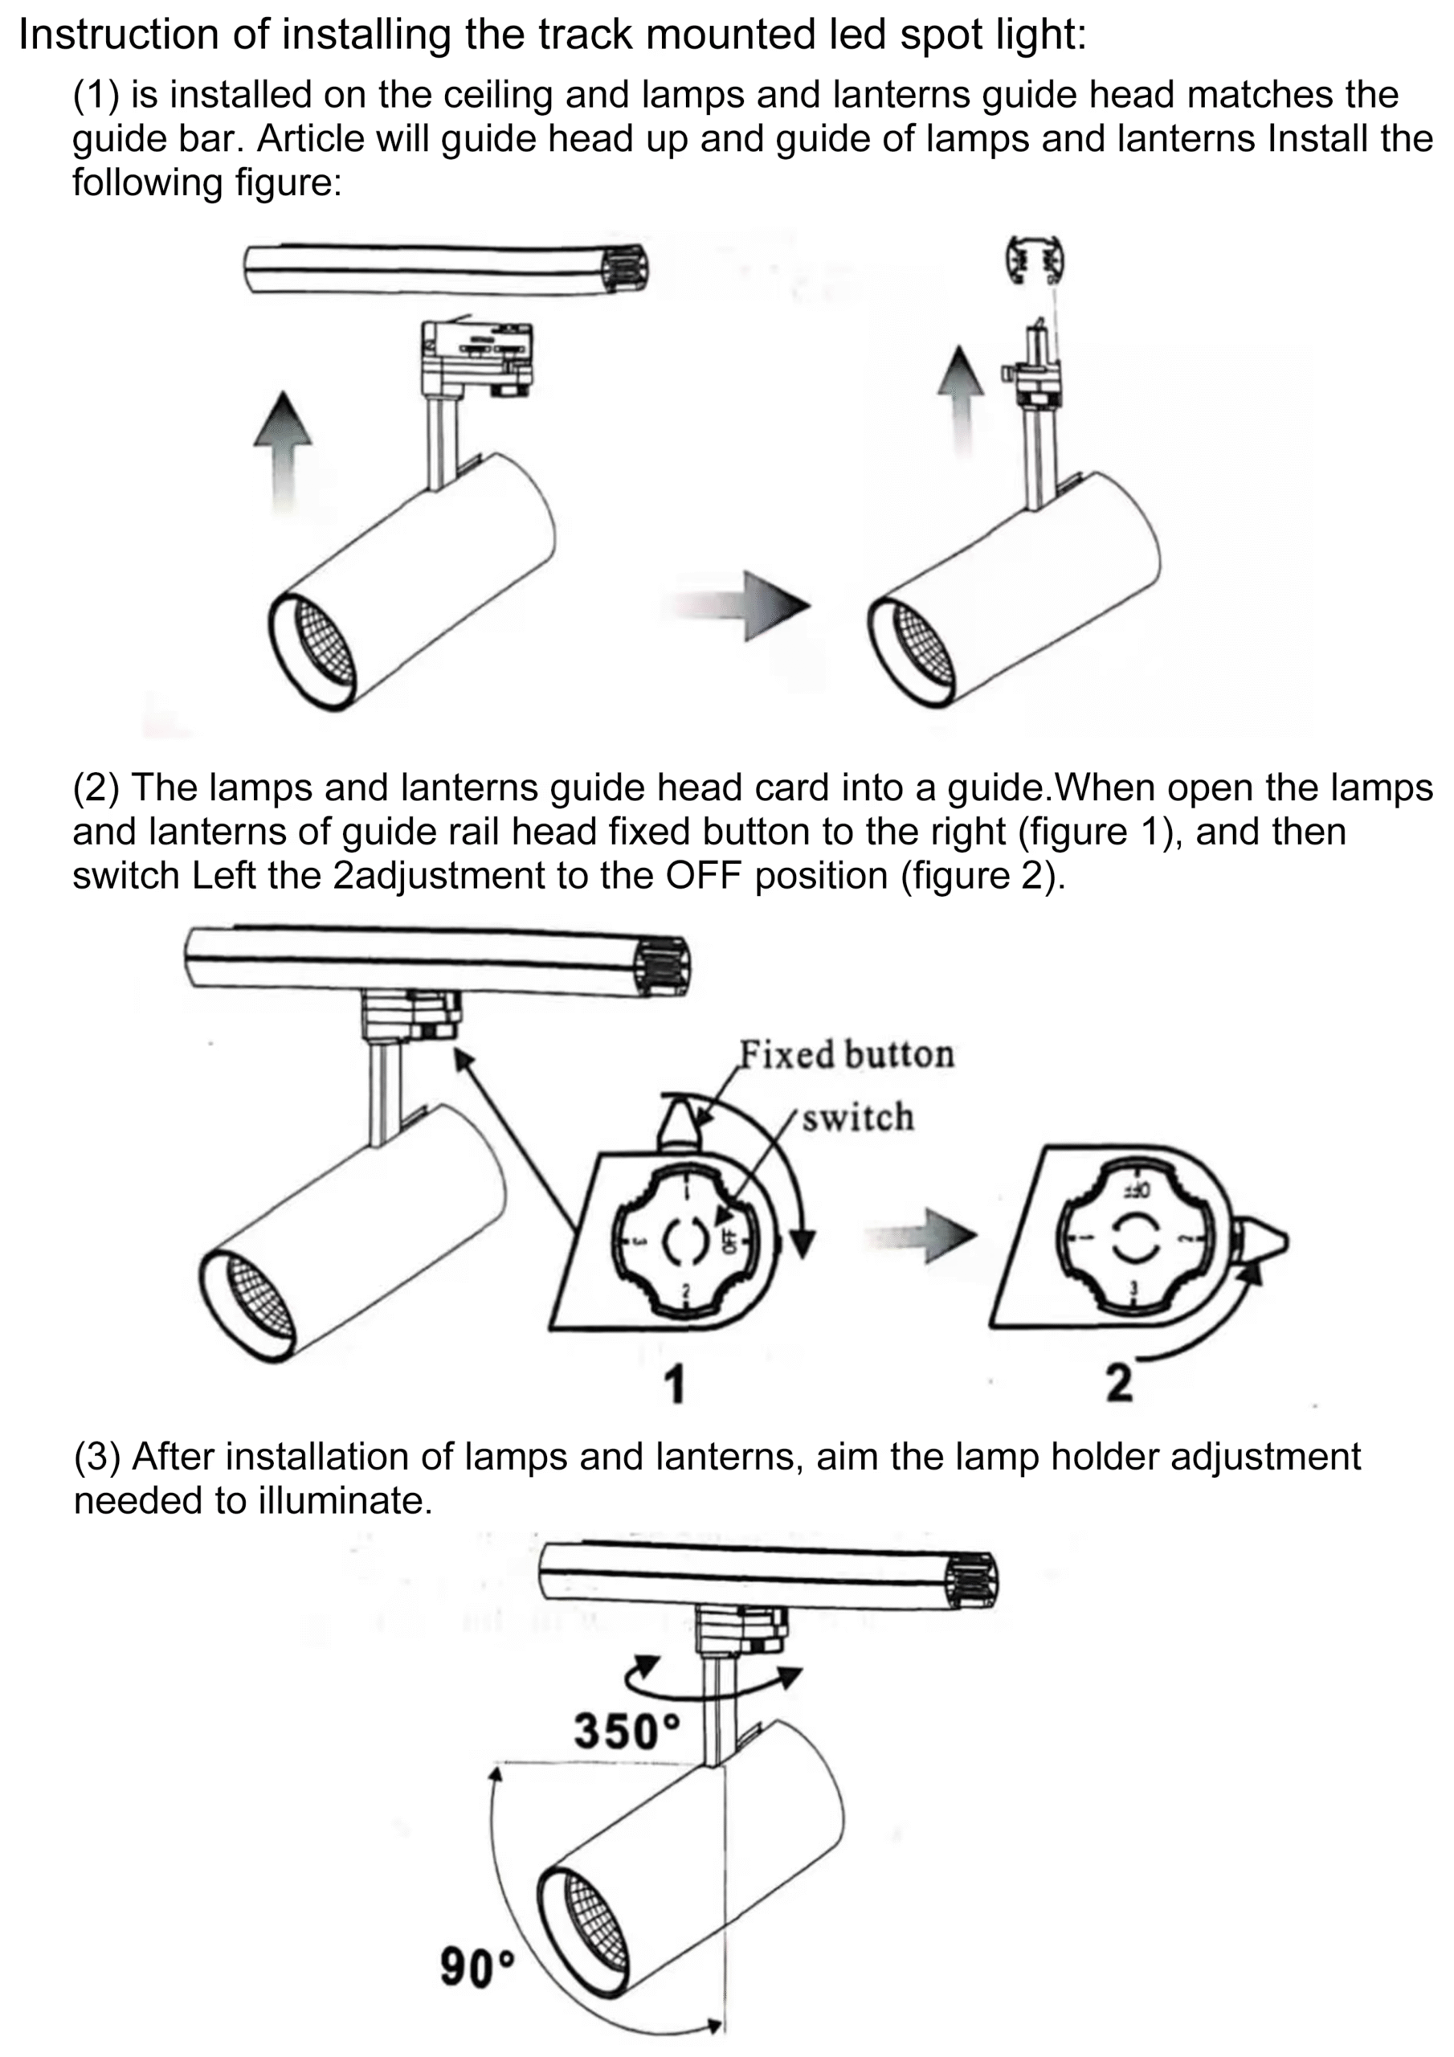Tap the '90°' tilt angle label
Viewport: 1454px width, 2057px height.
coord(477,1969)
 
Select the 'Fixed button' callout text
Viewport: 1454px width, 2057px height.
coord(846,1054)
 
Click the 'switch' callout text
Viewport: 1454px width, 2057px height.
coord(857,1118)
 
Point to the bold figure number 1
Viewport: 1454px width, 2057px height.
coord(675,1384)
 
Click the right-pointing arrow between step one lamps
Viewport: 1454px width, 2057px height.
coord(737,606)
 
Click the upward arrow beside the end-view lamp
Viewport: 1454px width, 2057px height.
coord(961,399)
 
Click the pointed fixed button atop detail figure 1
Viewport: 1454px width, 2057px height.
coord(678,1128)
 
